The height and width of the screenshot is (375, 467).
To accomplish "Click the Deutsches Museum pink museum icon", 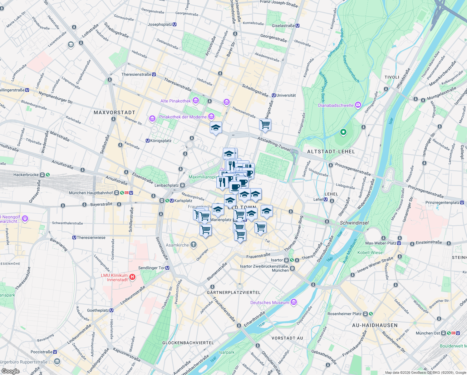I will pos(293,302).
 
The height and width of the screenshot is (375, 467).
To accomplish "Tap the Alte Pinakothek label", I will pos(175,101).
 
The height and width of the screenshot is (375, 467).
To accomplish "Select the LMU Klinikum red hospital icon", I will pos(132,277).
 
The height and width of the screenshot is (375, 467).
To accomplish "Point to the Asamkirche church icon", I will pos(194,245).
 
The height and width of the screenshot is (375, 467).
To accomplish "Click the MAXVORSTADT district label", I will pos(115,112).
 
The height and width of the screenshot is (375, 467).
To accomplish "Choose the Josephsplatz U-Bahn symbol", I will pos(175,24).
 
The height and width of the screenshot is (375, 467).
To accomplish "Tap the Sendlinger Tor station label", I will pos(152,268).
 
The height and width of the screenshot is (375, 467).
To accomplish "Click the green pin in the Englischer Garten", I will pos(343,132).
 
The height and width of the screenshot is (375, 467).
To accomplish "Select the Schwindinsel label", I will pos(354,223).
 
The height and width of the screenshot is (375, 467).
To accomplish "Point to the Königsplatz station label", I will pos(161,141).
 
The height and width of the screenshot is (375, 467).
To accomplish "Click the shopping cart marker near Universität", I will pos(265,124).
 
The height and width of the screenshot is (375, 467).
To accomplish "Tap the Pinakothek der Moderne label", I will pos(183,117).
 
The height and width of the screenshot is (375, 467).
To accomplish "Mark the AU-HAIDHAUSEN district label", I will pos(375,325).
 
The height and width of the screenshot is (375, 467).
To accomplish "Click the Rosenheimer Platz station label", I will pos(344,314).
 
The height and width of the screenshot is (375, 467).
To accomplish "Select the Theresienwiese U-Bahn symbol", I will pos(74,237).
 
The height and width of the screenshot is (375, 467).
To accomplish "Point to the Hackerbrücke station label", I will pos(26,175).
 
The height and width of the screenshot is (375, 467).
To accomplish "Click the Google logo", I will pos(10,371).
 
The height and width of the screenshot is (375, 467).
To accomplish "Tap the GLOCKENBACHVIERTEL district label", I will pos(188,343).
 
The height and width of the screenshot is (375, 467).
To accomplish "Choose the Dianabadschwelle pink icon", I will pos(358,105).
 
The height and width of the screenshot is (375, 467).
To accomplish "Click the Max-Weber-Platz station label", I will pos(381,243).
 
